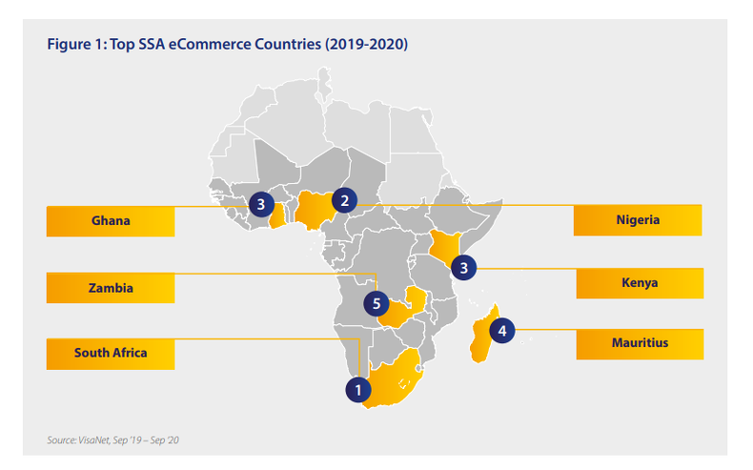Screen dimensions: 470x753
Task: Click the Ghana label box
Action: pos(111,221)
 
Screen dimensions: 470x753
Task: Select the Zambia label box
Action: pos(111,287)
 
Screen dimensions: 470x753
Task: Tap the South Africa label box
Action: pos(111,354)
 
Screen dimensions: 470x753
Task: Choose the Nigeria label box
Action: pos(638,220)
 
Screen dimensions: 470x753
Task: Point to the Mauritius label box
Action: pos(640,343)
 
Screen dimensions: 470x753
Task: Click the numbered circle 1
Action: pos(357,389)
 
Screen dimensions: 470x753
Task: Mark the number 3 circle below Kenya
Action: pos(463,268)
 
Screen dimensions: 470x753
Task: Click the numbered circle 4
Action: pos(502,332)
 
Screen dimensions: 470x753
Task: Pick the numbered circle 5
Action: pos(376,305)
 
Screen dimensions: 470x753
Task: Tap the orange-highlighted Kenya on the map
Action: pos(442,244)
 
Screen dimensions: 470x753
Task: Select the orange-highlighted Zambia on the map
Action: pos(410,305)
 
